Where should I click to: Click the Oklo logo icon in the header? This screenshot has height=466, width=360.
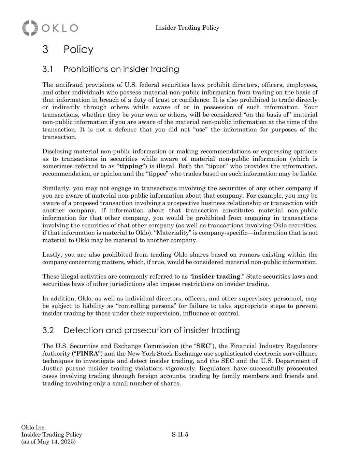(x=30, y=28)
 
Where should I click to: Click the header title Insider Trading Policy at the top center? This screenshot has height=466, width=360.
(x=187, y=28)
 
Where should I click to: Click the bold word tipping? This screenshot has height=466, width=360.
(x=131, y=166)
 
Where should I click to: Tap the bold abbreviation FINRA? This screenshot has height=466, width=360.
(x=87, y=354)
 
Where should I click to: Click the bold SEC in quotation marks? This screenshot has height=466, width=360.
(x=203, y=346)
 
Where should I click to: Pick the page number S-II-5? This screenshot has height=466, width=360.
(x=180, y=435)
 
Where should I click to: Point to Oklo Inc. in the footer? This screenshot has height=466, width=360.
(x=33, y=427)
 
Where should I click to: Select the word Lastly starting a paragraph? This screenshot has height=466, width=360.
(x=52, y=255)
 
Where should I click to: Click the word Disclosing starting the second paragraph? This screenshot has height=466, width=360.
(x=57, y=152)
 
